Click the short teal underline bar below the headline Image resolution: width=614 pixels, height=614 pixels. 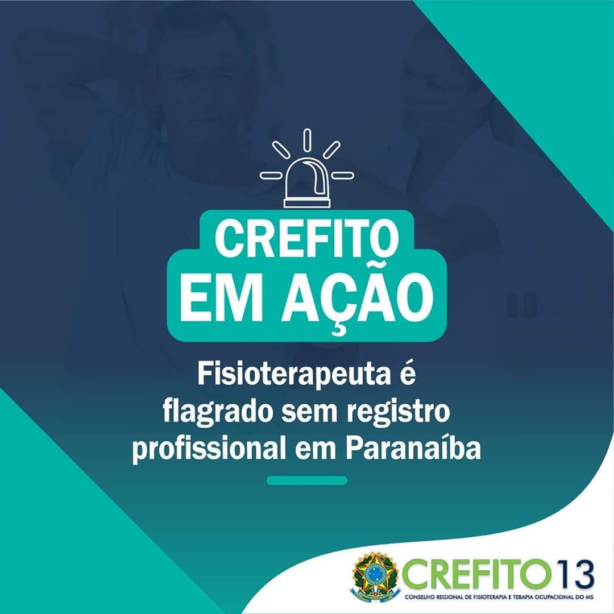[307, 480]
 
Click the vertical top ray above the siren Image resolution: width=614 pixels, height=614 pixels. [307, 140]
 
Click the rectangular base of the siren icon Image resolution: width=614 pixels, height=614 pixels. [307, 203]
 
